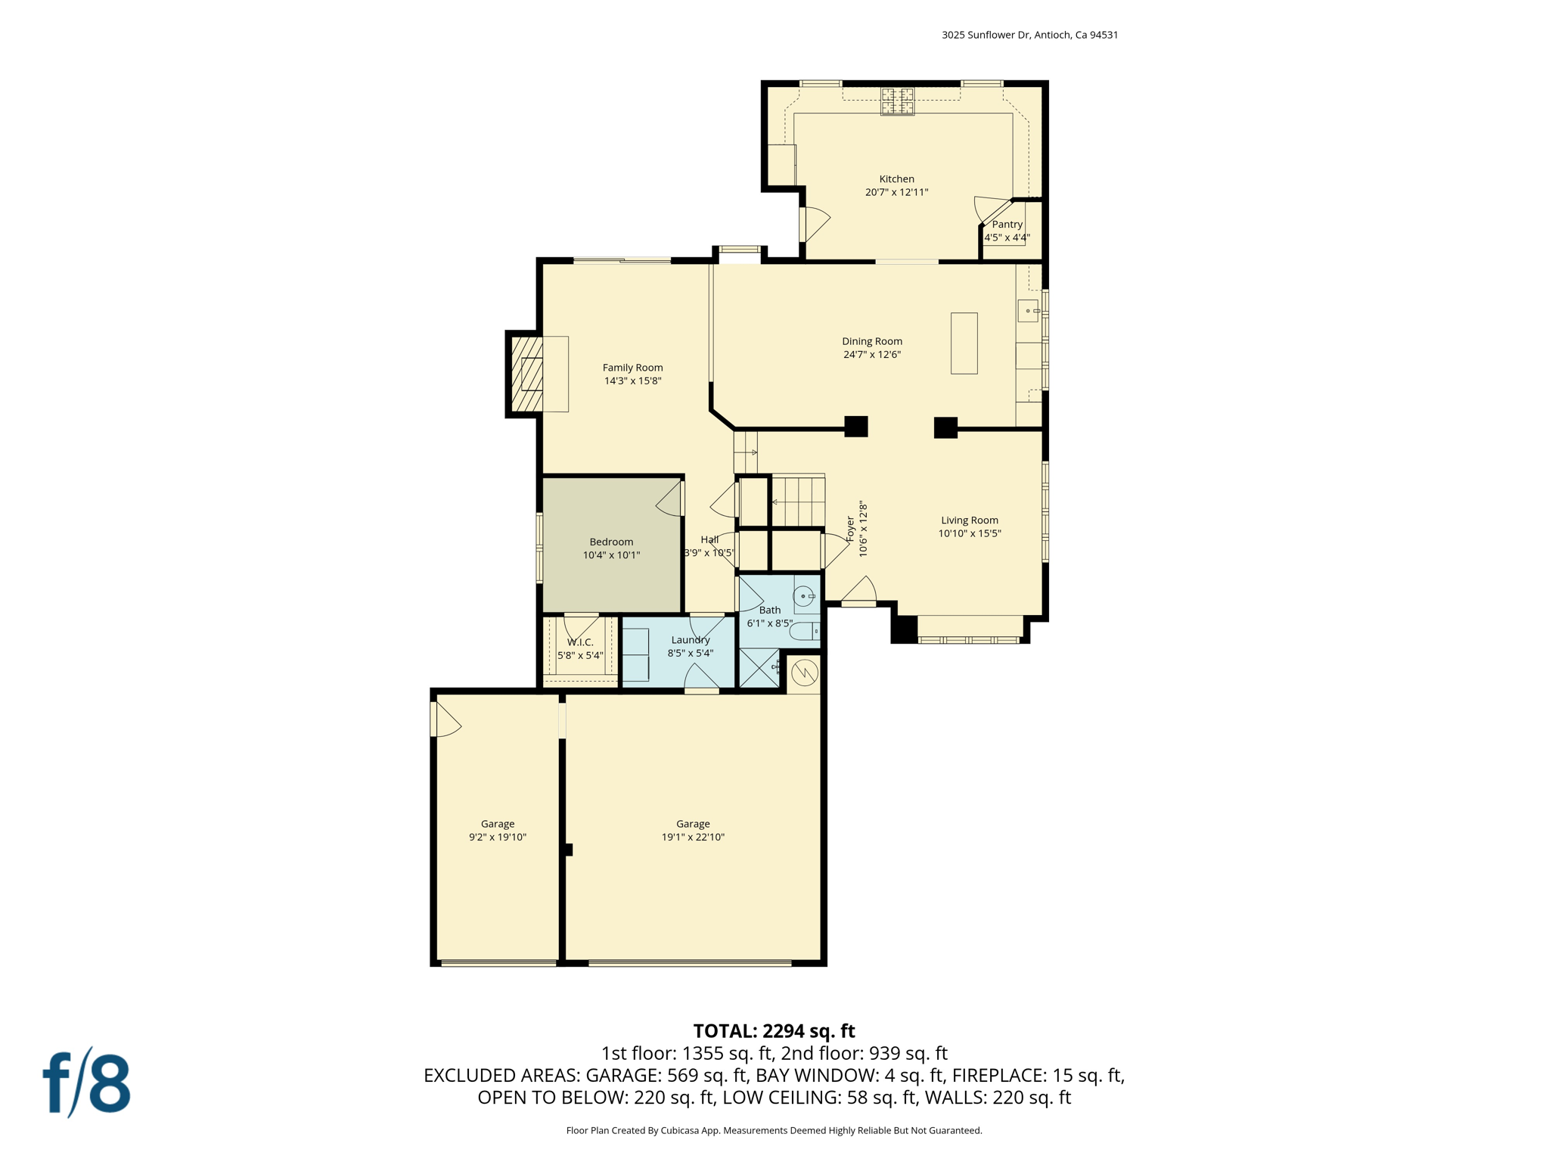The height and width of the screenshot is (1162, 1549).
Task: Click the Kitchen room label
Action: coord(896,179)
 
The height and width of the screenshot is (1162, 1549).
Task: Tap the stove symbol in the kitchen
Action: coord(897,101)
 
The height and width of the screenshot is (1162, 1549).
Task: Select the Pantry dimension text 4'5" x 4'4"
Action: coord(1007,238)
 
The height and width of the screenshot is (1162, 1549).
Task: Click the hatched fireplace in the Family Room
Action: coord(528,374)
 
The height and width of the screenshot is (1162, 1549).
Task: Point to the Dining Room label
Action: coord(872,341)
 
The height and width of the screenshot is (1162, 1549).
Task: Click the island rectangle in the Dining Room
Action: coord(964,343)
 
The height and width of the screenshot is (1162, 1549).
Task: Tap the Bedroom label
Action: coord(611,542)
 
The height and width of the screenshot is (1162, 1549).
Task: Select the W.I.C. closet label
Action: coord(580,642)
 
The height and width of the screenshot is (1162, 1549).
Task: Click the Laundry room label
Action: coord(690,640)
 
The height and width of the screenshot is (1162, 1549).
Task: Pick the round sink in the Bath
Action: coord(803,597)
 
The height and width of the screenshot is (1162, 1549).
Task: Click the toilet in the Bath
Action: coord(803,631)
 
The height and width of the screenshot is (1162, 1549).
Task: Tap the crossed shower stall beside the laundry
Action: coord(759,667)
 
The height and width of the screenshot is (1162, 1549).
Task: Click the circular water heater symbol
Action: coord(805,672)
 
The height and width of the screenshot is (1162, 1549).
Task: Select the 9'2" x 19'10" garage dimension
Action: coord(497,837)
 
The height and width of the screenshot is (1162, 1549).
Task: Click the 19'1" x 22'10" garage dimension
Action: coord(693,837)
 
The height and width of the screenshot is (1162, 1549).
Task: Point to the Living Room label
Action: coord(969,520)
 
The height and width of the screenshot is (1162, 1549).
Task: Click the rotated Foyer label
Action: coord(850,529)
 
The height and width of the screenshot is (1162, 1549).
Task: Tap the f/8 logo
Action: coord(87,1083)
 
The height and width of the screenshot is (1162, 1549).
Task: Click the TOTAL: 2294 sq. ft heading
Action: coord(774,1031)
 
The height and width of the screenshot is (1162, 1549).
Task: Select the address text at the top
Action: coord(1029,35)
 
